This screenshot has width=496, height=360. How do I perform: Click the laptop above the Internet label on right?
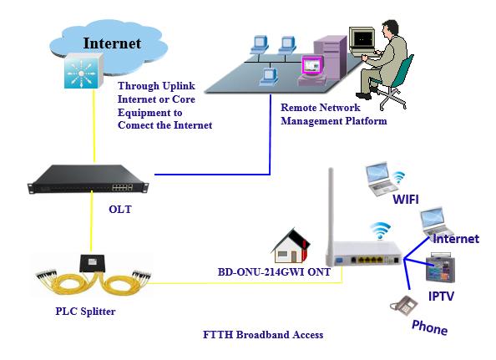pyautogui.click(x=437, y=218)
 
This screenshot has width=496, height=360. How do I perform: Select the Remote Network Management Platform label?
pyautogui.click(x=334, y=114)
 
